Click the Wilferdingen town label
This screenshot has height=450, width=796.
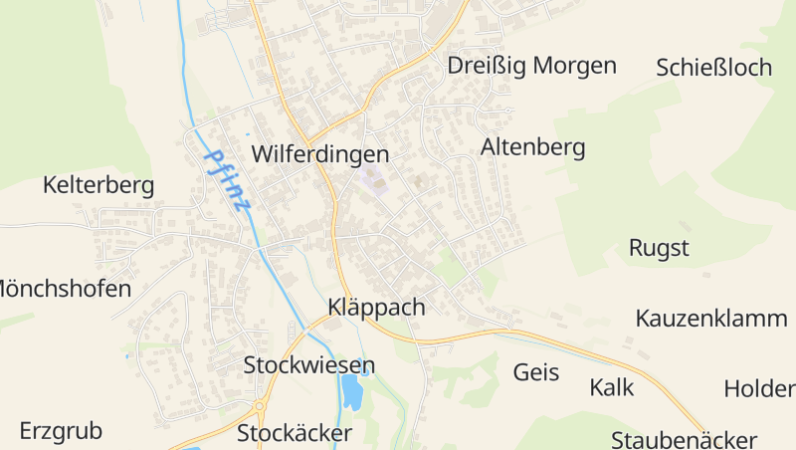click(319, 155)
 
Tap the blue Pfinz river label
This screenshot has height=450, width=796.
click(228, 180)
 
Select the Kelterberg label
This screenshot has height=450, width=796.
click(99, 185)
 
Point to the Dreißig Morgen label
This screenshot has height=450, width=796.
click(532, 66)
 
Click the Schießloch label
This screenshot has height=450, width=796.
click(714, 68)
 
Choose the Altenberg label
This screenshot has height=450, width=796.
click(532, 148)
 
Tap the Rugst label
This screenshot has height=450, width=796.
click(659, 248)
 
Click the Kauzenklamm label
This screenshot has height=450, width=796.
click(711, 319)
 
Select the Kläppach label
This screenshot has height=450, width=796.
click(376, 308)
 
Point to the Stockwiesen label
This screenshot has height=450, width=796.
click(309, 365)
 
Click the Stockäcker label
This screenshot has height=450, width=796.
click(295, 434)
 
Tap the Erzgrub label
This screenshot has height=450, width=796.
click(61, 432)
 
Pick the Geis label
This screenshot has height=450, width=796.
click(536, 373)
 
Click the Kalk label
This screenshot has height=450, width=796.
click(611, 387)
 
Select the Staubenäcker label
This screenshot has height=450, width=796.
click(685, 439)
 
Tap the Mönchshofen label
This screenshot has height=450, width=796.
click(64, 290)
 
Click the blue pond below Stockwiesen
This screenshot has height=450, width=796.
click(351, 393)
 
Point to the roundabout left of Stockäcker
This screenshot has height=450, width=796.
click(260, 406)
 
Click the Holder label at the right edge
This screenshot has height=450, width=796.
click(759, 388)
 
